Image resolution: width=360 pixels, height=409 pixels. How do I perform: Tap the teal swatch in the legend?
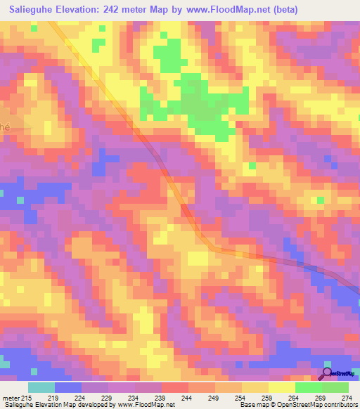tap(41, 387)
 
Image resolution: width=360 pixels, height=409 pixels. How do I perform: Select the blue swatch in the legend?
tap(67, 387)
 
